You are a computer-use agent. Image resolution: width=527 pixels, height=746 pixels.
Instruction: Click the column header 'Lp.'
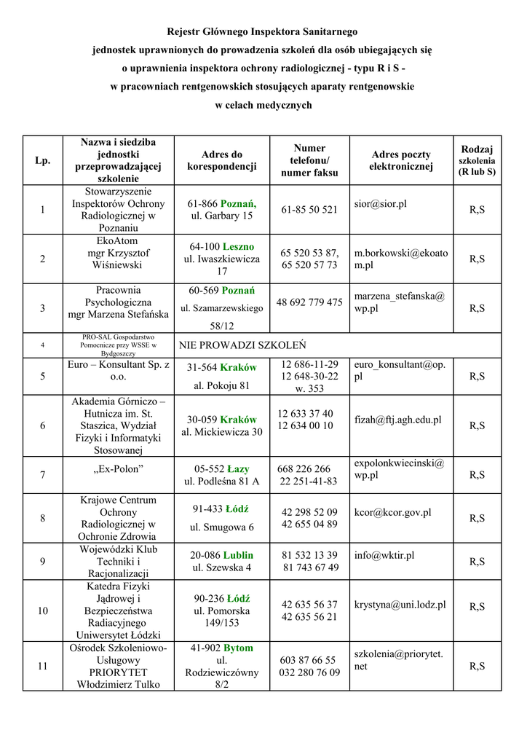[43, 160]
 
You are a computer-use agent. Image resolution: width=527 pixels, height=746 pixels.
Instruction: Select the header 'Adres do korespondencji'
[222, 160]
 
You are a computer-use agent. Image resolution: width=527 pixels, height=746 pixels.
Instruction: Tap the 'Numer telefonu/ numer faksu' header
[309, 160]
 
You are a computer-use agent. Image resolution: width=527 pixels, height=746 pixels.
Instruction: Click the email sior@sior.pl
[380, 204]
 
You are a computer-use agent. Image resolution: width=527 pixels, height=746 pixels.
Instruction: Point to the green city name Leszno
[239, 247]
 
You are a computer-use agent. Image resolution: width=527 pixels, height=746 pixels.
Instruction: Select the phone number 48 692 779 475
[309, 302]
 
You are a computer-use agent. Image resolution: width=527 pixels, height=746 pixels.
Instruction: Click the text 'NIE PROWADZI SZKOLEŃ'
[242, 345]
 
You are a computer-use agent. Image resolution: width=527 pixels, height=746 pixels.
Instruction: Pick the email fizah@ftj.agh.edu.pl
[397, 420]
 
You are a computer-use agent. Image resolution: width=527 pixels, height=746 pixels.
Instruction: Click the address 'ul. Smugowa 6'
[222, 527]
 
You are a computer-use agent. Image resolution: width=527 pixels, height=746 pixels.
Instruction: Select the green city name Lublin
[239, 555]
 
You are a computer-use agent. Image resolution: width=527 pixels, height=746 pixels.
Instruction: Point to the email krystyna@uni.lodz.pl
[400, 605]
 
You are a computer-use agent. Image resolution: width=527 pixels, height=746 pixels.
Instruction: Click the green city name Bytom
[238, 648]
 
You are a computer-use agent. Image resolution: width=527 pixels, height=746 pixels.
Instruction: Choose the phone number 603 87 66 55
[309, 660]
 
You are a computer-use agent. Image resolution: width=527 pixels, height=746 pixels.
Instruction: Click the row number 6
[43, 426]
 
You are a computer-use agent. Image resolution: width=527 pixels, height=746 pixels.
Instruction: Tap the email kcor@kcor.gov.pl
[392, 512]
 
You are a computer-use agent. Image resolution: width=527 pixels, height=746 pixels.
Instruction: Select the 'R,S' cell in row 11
[478, 666]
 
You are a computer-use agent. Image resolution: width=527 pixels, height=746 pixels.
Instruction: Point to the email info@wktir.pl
[384, 555]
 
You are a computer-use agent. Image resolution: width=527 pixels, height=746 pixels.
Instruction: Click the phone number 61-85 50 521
[309, 210]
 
